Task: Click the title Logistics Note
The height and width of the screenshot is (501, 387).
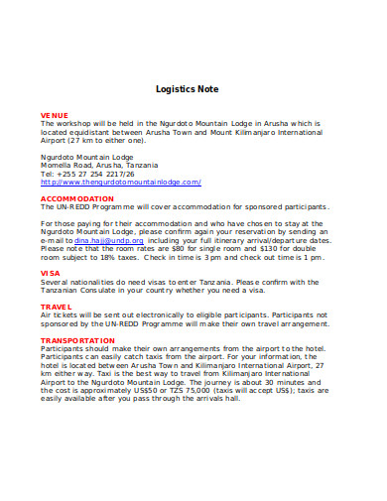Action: [x=193, y=88]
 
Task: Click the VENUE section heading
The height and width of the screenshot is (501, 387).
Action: [x=53, y=115]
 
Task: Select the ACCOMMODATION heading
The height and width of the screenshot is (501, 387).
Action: [x=77, y=198]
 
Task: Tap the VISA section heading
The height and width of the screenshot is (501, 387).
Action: [x=50, y=272]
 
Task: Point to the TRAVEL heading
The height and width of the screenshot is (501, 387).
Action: [x=56, y=308]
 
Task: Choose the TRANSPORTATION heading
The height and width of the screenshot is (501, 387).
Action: [x=78, y=339]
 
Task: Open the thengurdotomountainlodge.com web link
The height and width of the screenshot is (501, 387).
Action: [x=121, y=183]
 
